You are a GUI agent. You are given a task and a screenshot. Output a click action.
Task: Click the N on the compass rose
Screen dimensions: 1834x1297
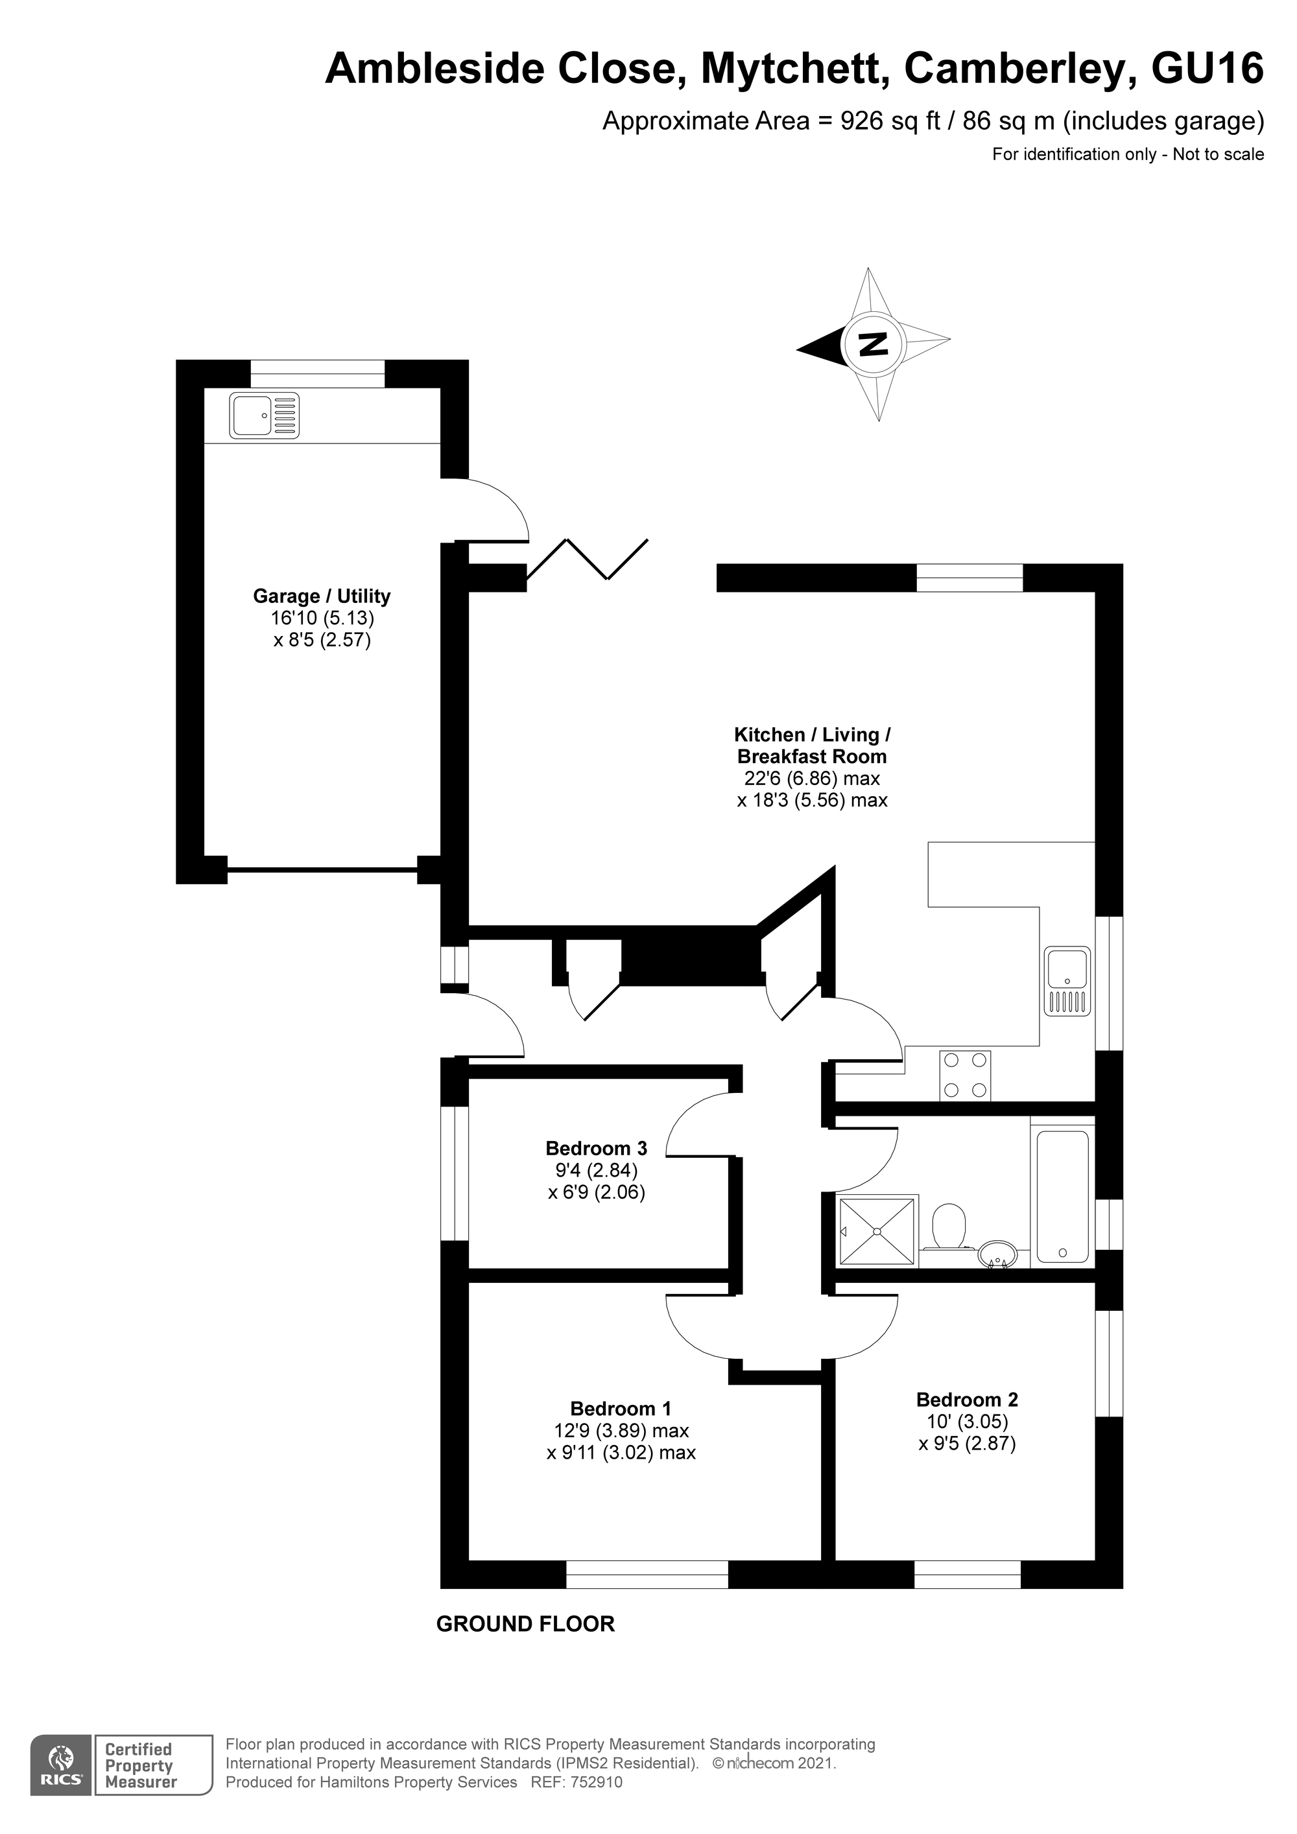(x=873, y=345)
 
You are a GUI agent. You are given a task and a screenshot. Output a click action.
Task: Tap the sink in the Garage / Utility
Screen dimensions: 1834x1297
(x=265, y=416)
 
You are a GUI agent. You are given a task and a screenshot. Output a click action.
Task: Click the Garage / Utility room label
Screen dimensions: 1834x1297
(x=321, y=596)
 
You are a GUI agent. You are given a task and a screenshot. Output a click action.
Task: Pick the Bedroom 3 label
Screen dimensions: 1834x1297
(x=596, y=1149)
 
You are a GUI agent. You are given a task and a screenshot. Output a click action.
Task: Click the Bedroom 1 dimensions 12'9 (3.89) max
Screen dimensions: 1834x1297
(x=621, y=1431)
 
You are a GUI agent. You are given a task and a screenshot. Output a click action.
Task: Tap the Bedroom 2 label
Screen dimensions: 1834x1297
(x=967, y=1400)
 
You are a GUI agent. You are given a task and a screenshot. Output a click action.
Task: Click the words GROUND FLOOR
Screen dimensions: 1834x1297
(x=525, y=1624)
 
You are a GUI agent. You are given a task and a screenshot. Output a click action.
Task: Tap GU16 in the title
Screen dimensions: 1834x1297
(x=1207, y=68)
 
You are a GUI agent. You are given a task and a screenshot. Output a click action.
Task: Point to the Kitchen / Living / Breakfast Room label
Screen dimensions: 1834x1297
(x=811, y=746)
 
